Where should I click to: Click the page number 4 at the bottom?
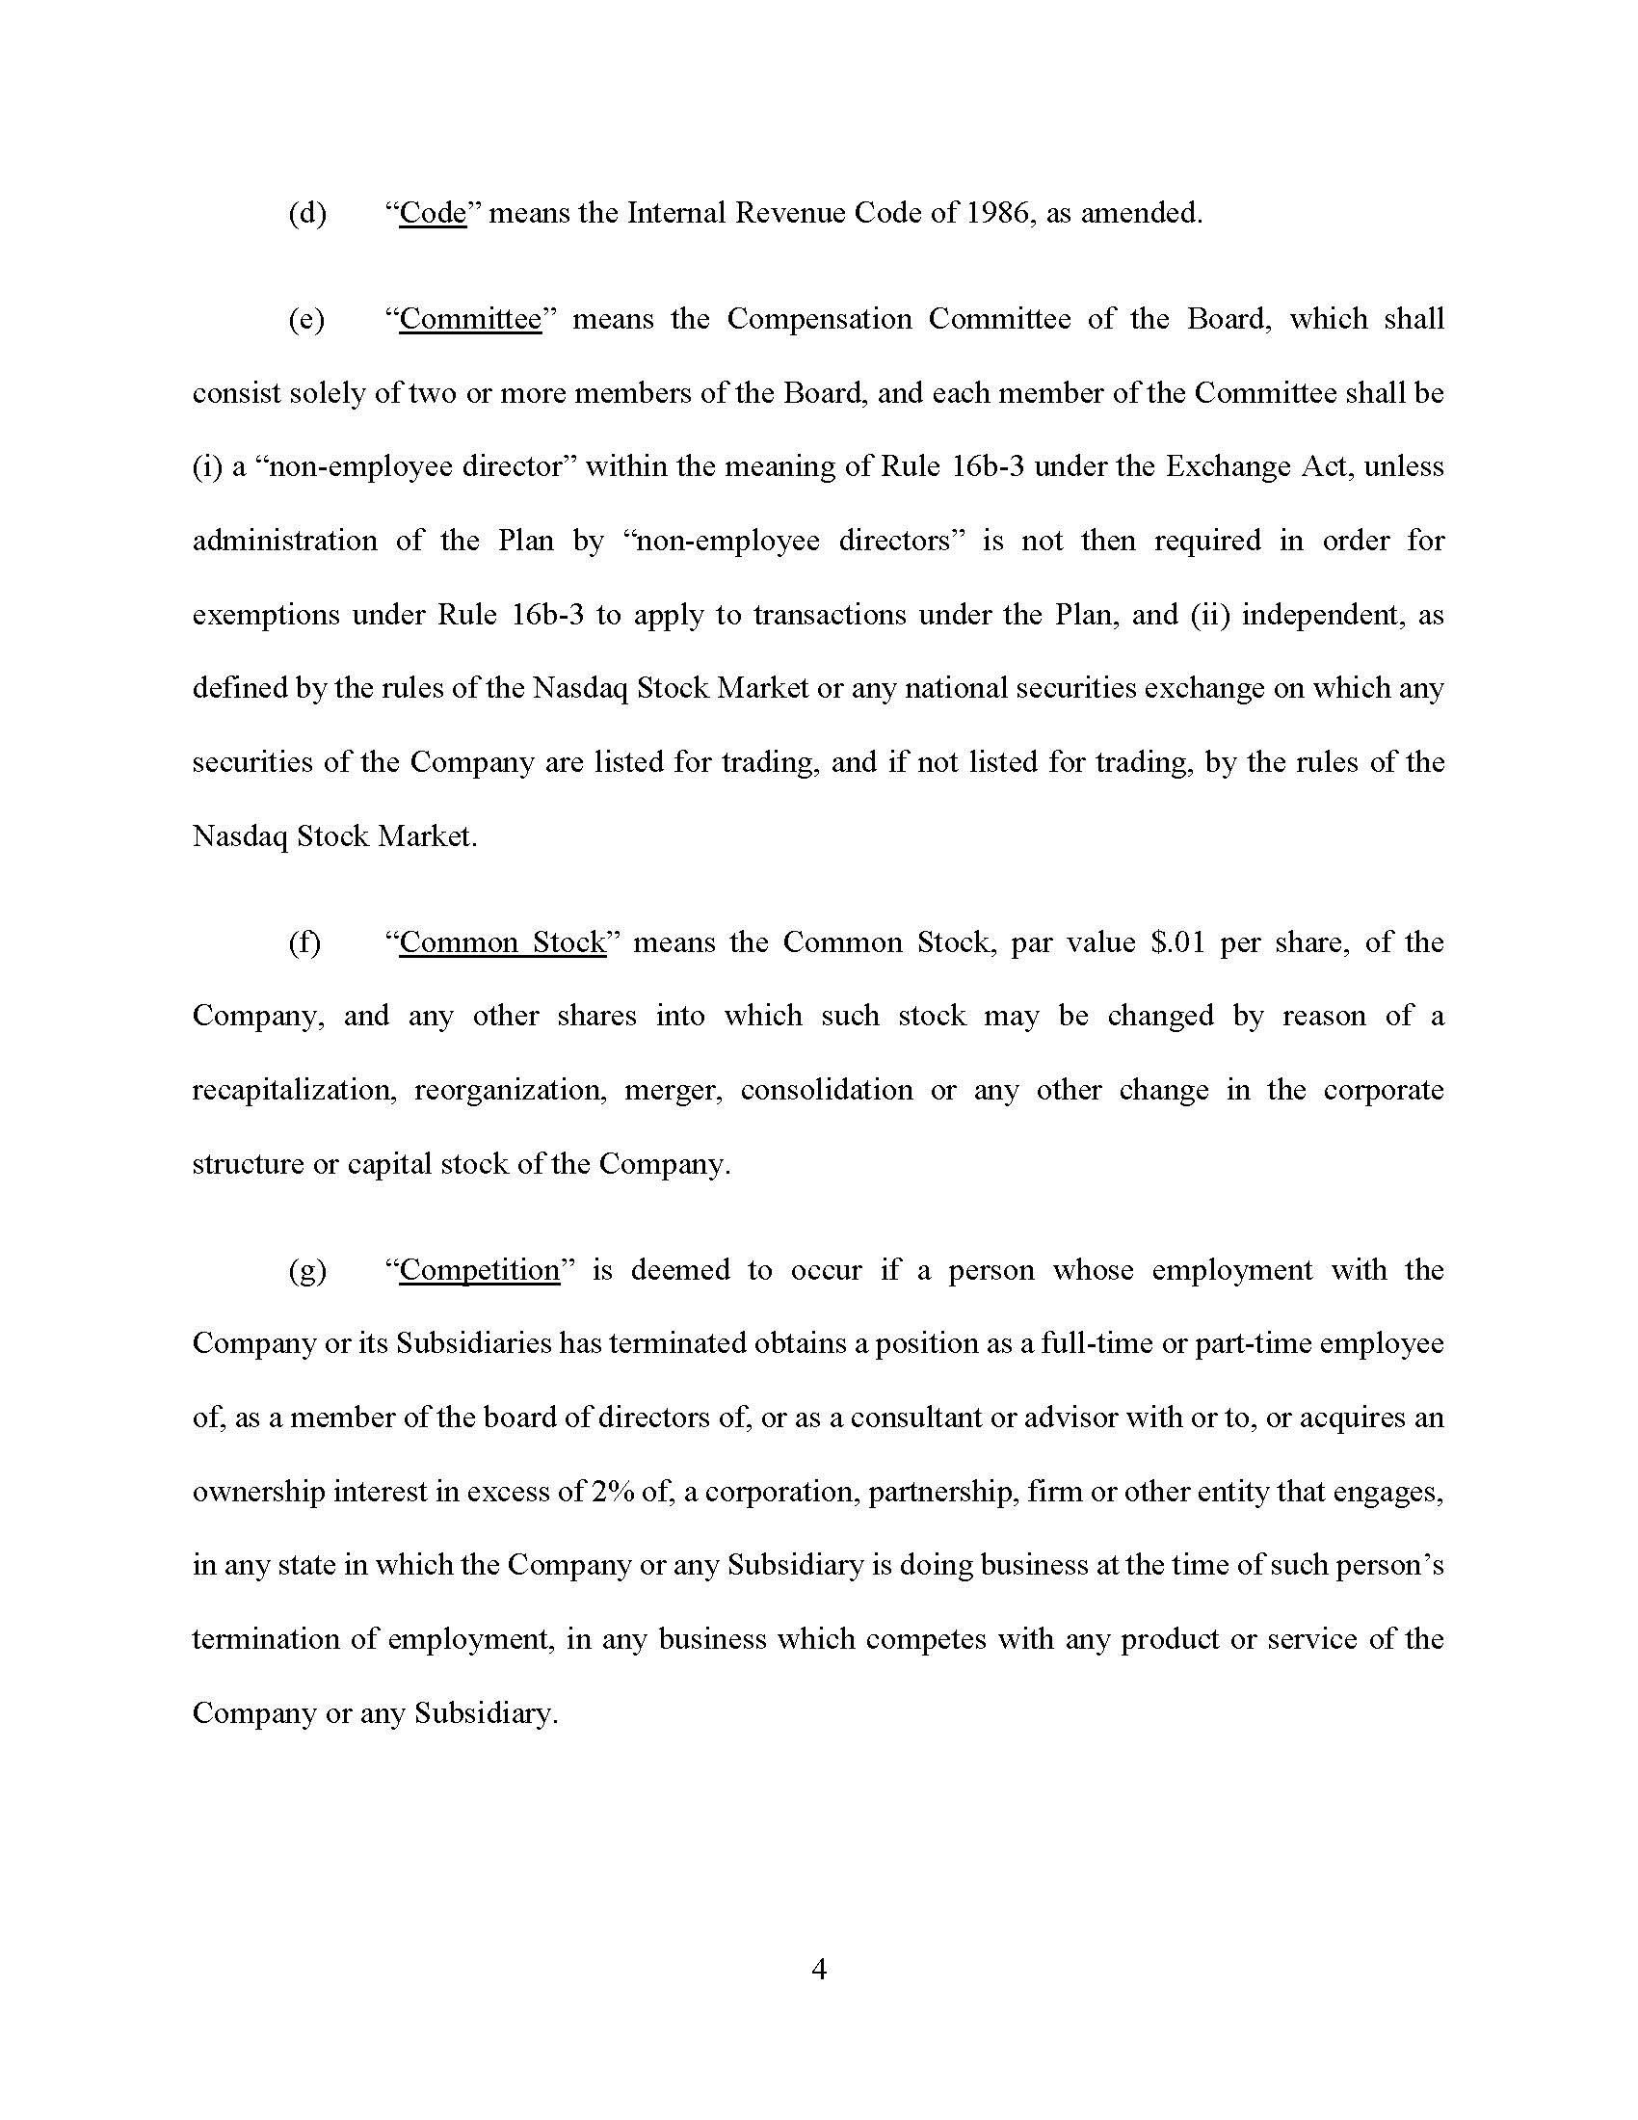pyautogui.click(x=818, y=1970)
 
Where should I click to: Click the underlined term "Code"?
pyautogui.click(x=433, y=213)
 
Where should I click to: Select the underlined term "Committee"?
pyautogui.click(x=470, y=319)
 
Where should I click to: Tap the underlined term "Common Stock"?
pyautogui.click(x=503, y=942)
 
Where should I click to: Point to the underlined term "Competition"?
pyautogui.click(x=480, y=1270)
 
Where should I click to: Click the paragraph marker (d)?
pyautogui.click(x=306, y=213)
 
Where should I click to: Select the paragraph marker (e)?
pyautogui.click(x=306, y=319)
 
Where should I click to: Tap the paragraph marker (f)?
pyautogui.click(x=304, y=942)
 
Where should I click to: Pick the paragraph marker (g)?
pyautogui.click(x=306, y=1270)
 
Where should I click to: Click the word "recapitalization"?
pyautogui.click(x=294, y=1090)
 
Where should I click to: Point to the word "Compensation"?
pyautogui.click(x=819, y=319)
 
